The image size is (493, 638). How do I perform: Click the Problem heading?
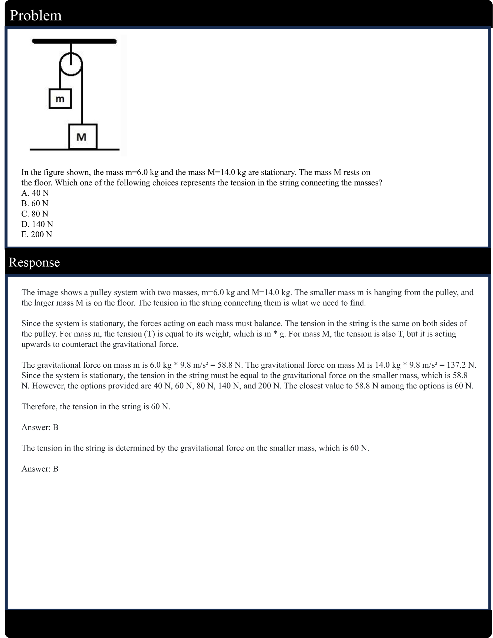click(36, 16)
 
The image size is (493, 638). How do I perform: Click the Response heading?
click(34, 262)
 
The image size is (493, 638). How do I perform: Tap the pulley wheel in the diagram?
click(71, 64)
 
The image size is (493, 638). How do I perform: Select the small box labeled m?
click(60, 98)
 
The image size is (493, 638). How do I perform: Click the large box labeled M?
click(82, 136)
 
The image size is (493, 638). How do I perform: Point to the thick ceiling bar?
click(74, 41)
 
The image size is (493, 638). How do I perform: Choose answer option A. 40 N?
click(35, 193)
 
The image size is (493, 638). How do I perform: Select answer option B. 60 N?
click(35, 203)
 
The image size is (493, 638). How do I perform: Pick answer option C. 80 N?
click(35, 214)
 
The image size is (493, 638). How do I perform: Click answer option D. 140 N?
click(37, 224)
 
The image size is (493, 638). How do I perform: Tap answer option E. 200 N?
click(37, 234)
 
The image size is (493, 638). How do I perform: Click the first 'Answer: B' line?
click(40, 427)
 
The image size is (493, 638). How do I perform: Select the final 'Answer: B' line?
click(40, 469)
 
